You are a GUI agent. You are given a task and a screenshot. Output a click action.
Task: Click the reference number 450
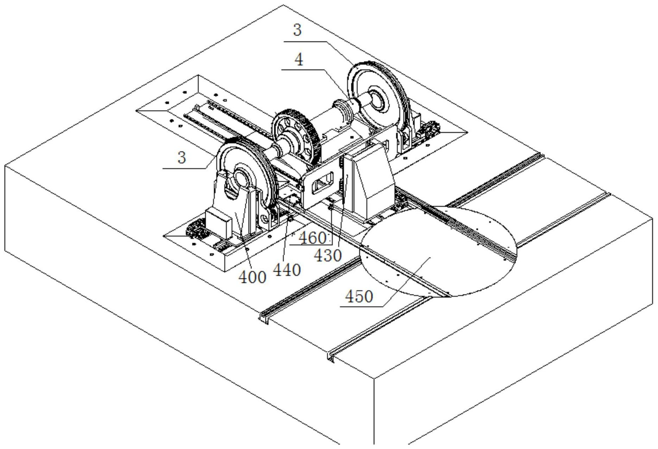[359, 297]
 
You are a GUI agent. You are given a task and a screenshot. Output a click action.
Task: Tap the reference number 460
[312, 238]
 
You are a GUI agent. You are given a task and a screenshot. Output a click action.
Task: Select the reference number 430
[328, 255]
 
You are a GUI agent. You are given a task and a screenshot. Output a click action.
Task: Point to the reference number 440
[287, 270]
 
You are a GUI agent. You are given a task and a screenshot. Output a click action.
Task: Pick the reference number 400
[253, 277]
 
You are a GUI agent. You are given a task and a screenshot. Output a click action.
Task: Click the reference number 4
[299, 60]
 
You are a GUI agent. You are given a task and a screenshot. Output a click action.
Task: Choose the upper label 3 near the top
[298, 30]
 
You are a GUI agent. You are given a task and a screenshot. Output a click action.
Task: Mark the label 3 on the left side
[181, 157]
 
